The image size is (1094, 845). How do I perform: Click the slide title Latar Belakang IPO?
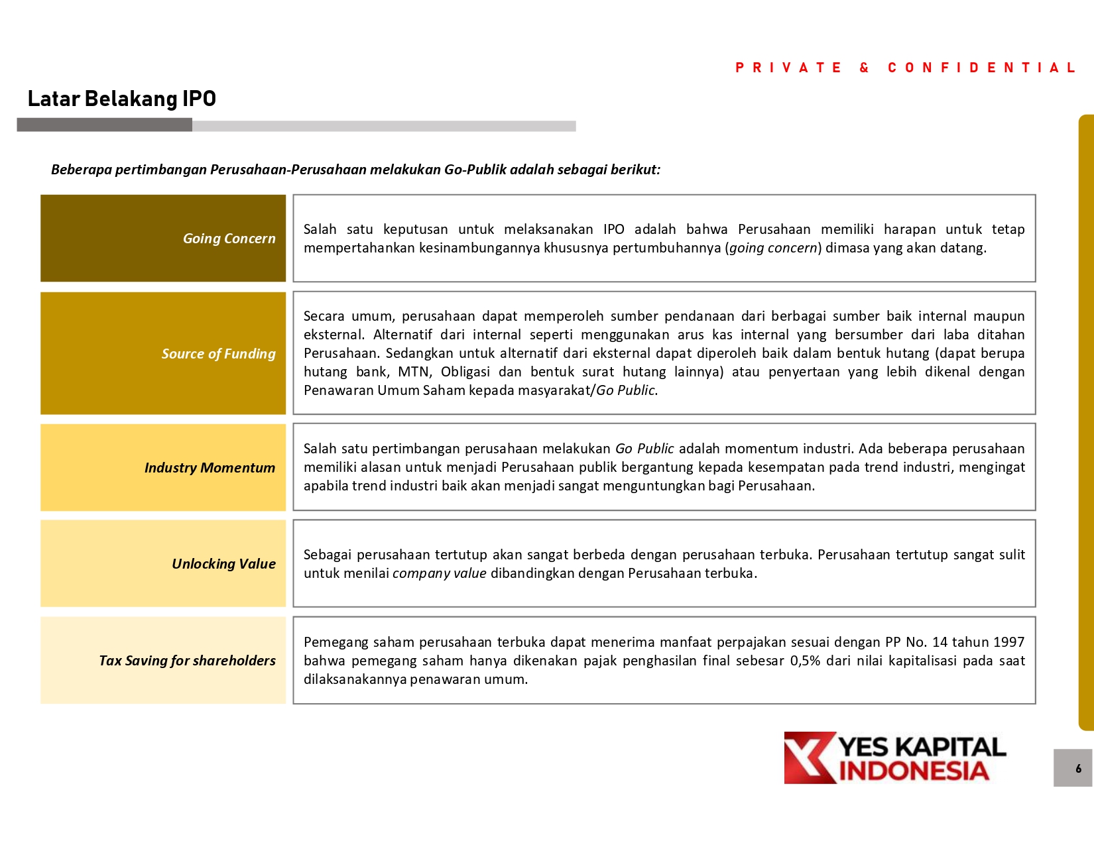click(122, 99)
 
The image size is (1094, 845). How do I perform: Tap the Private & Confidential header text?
click(905, 68)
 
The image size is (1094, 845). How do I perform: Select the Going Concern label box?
click(163, 239)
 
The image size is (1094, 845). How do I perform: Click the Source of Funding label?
click(218, 354)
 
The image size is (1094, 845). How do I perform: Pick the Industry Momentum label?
click(210, 468)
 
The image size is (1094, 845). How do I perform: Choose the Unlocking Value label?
click(223, 564)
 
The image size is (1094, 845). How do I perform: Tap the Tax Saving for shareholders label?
click(187, 661)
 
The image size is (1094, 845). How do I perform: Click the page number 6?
click(1078, 769)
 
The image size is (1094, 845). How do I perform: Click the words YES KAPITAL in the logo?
click(922, 747)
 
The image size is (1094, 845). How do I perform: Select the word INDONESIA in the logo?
click(914, 771)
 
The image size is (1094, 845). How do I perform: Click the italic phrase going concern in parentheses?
click(773, 249)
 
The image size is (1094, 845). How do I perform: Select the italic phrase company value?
click(439, 573)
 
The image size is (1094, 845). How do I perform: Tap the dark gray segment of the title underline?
click(104, 125)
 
